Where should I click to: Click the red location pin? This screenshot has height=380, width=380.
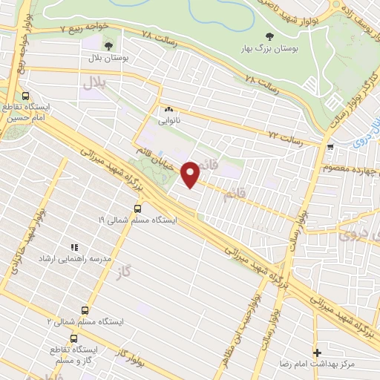[x=191, y=174]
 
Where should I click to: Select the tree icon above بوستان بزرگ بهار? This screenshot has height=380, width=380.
[x=269, y=37]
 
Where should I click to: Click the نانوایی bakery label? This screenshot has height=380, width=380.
[x=168, y=117]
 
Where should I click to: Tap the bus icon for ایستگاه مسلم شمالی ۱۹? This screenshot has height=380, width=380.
[x=137, y=209]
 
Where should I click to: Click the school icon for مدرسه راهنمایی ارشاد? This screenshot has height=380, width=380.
[x=73, y=247]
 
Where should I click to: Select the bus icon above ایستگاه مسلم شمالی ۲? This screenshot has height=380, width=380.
[x=85, y=311]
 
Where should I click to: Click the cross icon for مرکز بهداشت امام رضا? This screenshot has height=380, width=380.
[x=318, y=353]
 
